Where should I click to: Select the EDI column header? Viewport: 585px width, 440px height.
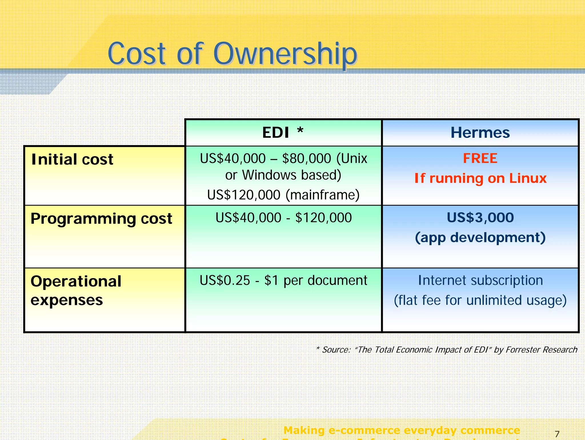276,133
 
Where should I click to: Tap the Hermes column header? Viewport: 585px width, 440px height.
480,133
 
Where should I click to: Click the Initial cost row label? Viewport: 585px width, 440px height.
72,159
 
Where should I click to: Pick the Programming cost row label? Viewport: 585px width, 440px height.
101,219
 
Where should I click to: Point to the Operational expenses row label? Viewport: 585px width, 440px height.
76,290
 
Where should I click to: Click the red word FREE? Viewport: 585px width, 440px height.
480,158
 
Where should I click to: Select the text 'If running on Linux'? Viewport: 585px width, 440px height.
480,178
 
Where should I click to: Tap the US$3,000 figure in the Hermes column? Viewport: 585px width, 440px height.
480,218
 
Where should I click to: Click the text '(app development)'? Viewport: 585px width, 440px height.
480,238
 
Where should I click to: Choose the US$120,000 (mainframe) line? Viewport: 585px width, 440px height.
283,195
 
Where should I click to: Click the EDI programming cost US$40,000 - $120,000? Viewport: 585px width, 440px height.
283,218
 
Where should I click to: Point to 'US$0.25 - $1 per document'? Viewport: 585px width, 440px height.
283,280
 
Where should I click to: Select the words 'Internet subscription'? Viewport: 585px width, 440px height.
480,280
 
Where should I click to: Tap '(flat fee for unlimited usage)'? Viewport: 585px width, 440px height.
480,300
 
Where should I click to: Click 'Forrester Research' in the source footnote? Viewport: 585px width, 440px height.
541,350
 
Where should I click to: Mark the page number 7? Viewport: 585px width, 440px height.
557,434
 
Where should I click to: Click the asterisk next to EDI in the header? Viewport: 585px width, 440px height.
300,130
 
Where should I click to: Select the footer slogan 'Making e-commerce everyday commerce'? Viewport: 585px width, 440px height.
402,430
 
